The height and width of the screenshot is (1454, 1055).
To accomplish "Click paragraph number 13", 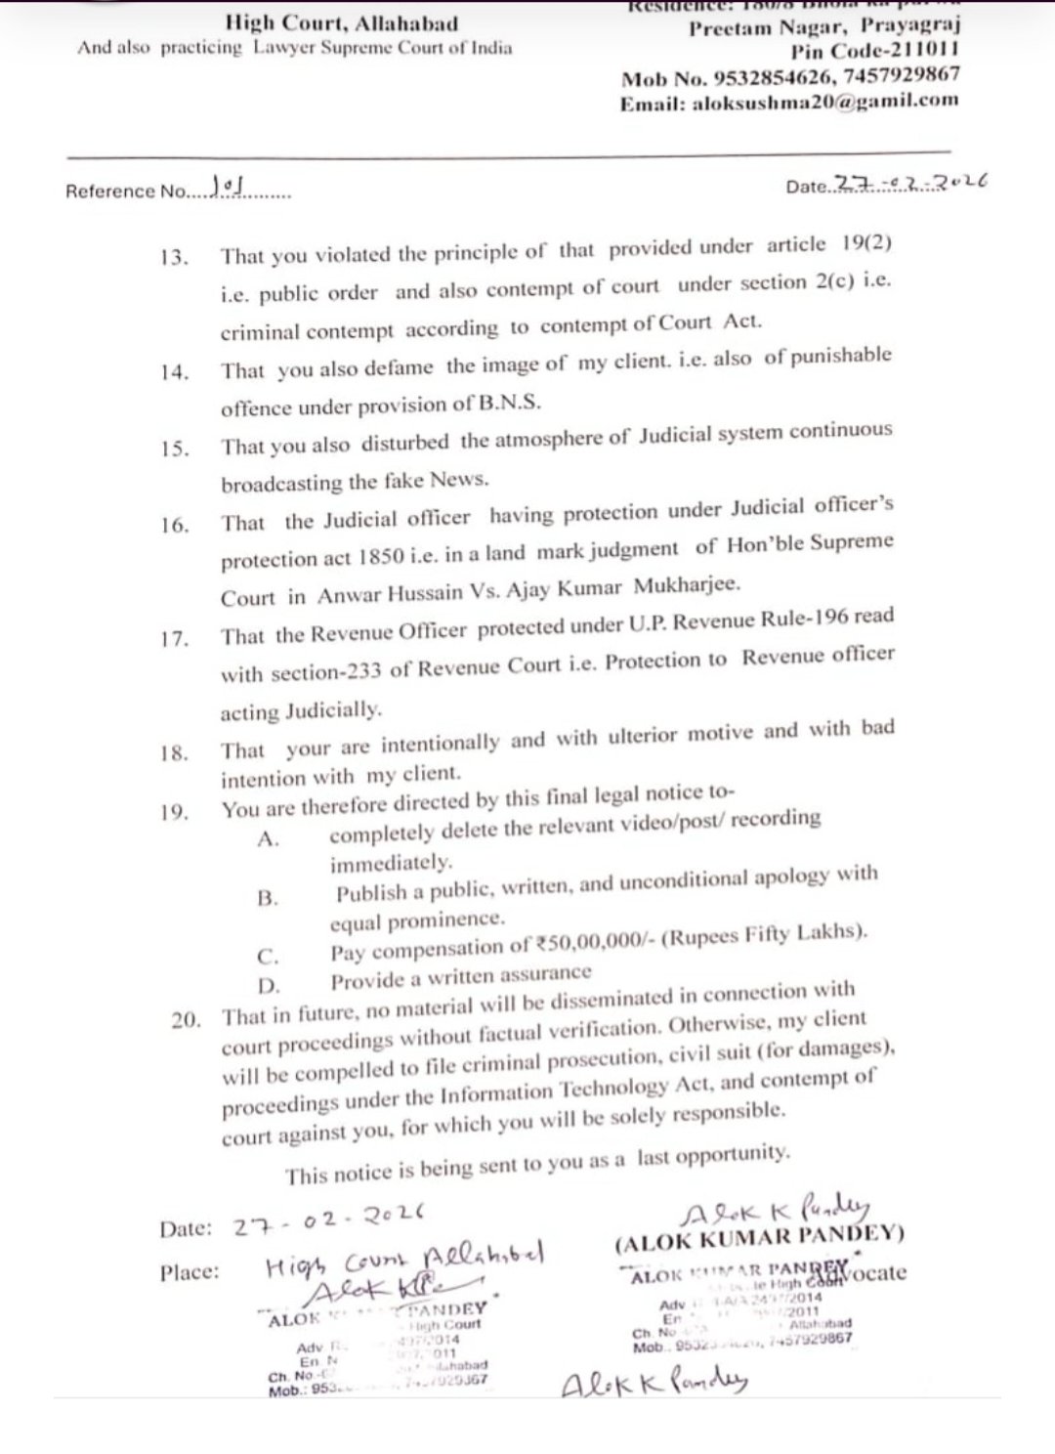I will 173,259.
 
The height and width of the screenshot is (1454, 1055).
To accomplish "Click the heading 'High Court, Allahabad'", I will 341,21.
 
